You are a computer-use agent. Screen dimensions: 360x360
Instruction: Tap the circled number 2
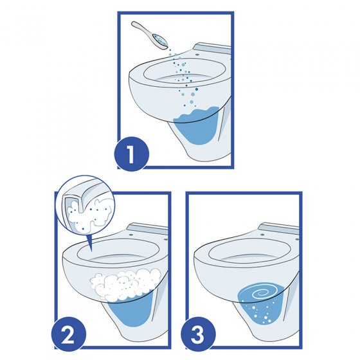point(67,334)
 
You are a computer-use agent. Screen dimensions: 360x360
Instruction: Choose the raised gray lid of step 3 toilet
point(280,229)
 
